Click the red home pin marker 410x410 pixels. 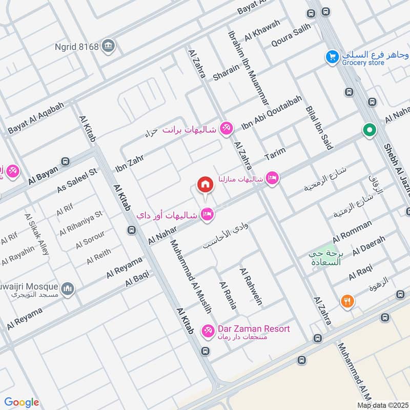click(205, 184)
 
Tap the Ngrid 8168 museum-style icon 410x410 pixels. click(108, 45)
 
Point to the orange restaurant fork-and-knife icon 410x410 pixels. click(347, 302)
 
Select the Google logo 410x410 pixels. click(22, 402)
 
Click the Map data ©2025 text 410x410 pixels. click(382, 405)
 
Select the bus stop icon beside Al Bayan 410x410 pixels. click(65, 161)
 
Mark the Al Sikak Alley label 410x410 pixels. click(37, 234)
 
